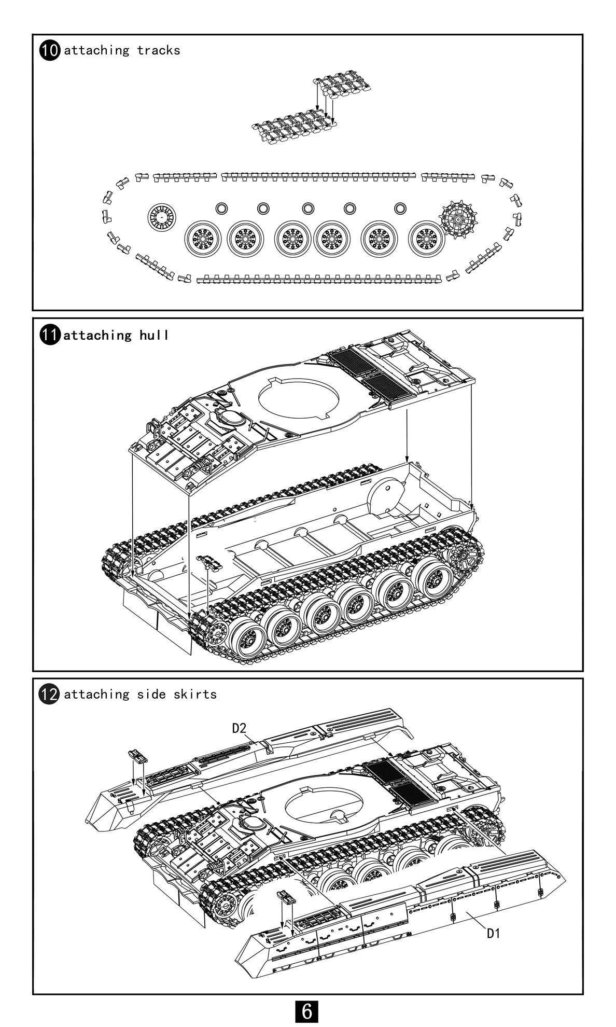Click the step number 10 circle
tap(50, 50)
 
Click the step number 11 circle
tap(50, 335)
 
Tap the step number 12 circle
tap(50, 694)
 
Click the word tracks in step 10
tap(159, 50)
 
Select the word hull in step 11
tap(153, 335)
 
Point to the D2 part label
tap(239, 728)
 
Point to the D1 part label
tap(493, 934)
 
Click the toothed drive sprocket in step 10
tap(458, 219)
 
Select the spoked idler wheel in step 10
tap(161, 217)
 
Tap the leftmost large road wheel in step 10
tap(203, 239)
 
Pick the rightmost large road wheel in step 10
tap(427, 239)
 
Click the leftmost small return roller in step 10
tap(221, 208)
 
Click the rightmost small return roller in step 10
tap(400, 208)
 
